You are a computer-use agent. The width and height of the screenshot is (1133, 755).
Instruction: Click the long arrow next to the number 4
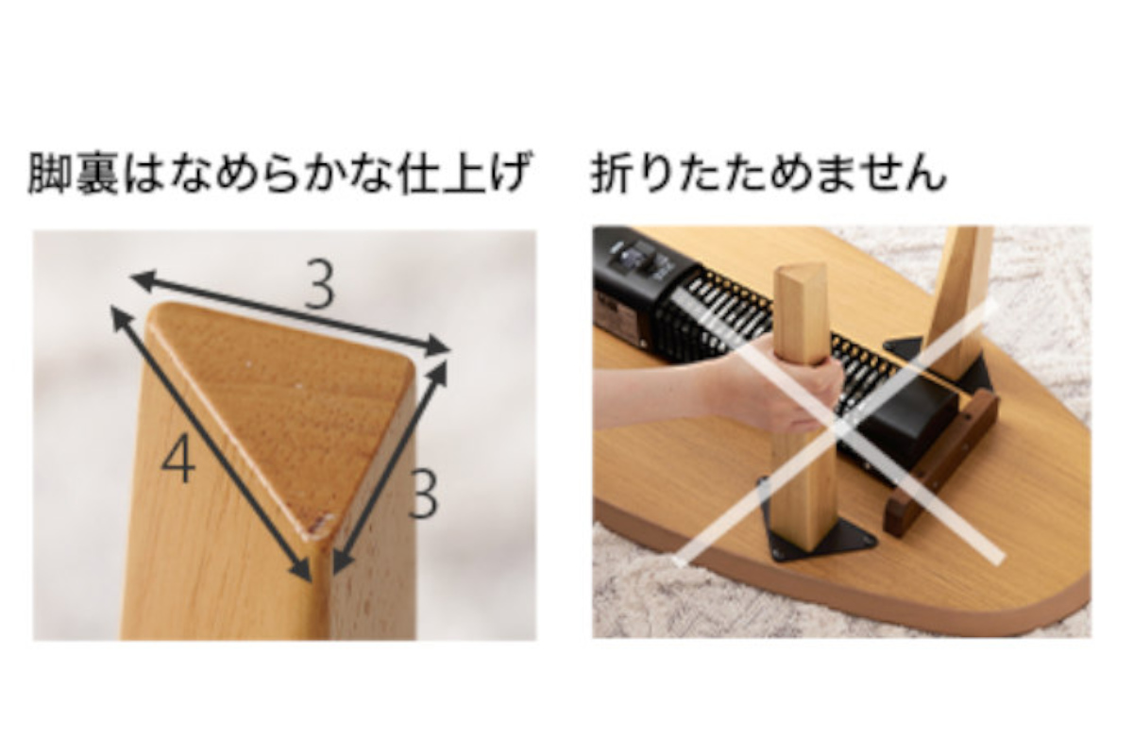coord(211,444)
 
